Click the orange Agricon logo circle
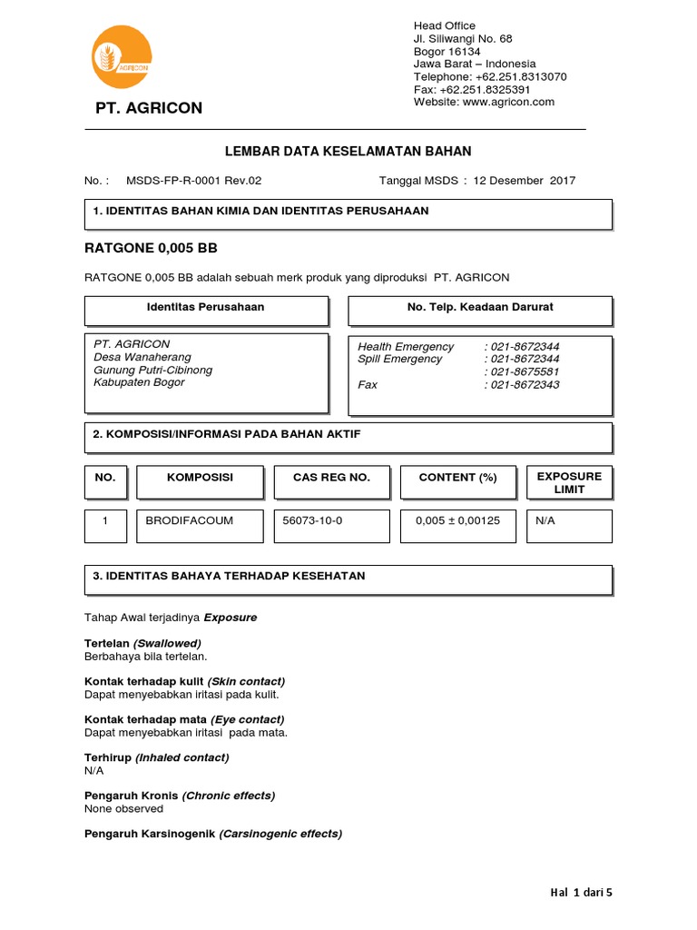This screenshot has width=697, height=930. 122,58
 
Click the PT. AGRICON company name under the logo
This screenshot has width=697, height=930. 149,109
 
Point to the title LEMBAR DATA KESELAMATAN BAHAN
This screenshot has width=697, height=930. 348,152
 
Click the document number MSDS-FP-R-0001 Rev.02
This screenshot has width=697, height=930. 193,181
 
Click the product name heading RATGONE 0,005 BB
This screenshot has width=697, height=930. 151,248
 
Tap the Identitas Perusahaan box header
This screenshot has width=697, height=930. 206,308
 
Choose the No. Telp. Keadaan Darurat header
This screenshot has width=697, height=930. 480,308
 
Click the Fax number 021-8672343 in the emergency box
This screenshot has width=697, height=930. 525,385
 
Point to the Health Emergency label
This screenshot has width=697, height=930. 406,347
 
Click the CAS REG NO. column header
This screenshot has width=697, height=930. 331,478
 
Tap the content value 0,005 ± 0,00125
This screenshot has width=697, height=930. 457,521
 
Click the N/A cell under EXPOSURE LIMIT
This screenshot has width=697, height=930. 545,521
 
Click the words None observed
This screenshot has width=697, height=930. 123,808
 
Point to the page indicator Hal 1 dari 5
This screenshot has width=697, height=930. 581,893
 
